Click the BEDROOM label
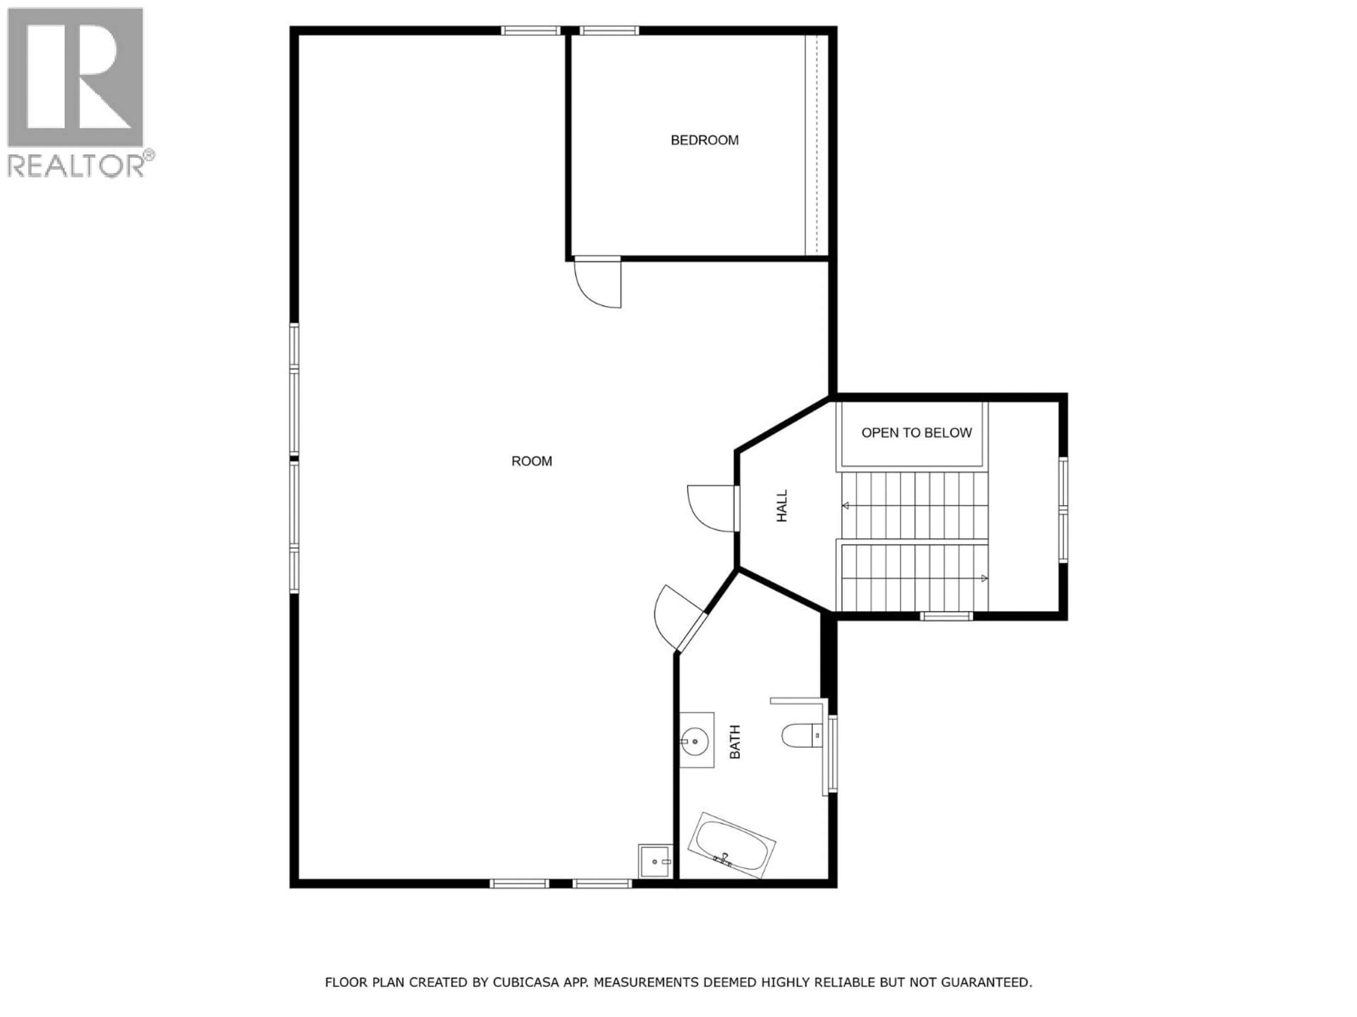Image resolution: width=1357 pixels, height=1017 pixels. click(x=704, y=141)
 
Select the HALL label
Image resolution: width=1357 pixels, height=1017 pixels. click(x=782, y=506)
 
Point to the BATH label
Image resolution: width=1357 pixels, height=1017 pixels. click(x=735, y=742)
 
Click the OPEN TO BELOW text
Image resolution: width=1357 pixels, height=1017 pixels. click(x=917, y=433)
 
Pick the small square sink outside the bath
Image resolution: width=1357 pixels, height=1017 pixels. click(x=655, y=861)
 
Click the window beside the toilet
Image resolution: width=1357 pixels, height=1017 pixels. click(x=833, y=754)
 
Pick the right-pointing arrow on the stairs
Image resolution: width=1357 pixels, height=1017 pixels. click(x=984, y=578)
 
